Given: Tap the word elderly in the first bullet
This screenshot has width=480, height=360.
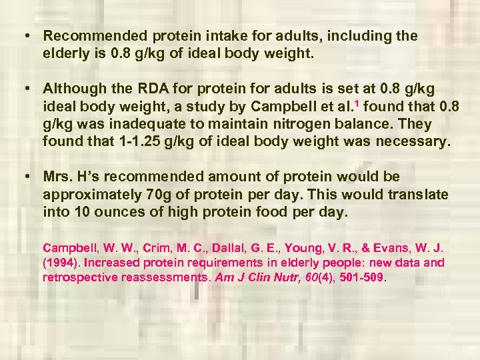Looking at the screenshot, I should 65,53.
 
